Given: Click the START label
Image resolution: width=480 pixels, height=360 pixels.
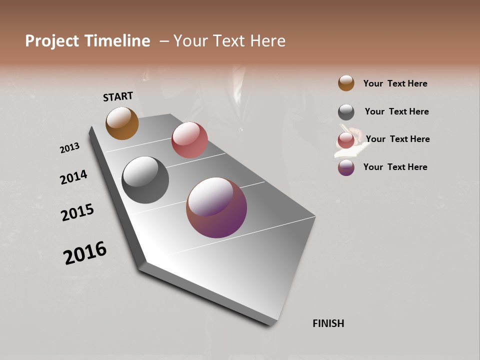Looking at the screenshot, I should [x=118, y=96].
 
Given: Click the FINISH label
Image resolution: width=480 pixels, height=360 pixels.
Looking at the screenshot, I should [x=328, y=323].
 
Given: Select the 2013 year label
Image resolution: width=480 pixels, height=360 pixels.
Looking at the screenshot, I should [x=69, y=148].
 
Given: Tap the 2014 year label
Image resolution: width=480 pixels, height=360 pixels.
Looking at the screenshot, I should [x=73, y=177].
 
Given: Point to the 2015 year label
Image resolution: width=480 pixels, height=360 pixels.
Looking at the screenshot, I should [x=77, y=212].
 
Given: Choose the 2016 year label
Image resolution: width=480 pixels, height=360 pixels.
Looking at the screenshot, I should [x=85, y=253].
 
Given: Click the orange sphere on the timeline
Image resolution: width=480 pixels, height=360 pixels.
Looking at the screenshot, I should [x=122, y=123].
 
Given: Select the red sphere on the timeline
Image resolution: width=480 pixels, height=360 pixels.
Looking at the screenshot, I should [x=189, y=140].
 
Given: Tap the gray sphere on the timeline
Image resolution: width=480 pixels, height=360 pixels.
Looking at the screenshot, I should [x=145, y=180].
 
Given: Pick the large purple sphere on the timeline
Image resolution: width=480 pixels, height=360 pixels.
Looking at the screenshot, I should [x=216, y=207].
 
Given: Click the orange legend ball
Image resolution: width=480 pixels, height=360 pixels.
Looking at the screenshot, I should [x=346, y=83].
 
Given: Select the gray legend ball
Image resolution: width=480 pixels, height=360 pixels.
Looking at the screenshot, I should [x=346, y=112].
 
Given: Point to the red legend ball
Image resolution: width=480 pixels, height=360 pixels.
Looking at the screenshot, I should [x=346, y=140].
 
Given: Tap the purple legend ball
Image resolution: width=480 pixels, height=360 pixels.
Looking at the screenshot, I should [x=346, y=167].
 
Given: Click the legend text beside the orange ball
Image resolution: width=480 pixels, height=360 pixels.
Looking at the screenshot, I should [x=395, y=83].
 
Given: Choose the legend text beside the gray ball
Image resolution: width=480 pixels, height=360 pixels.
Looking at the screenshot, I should [x=396, y=111].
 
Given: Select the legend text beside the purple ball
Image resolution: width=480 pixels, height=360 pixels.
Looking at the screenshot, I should [x=395, y=167].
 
